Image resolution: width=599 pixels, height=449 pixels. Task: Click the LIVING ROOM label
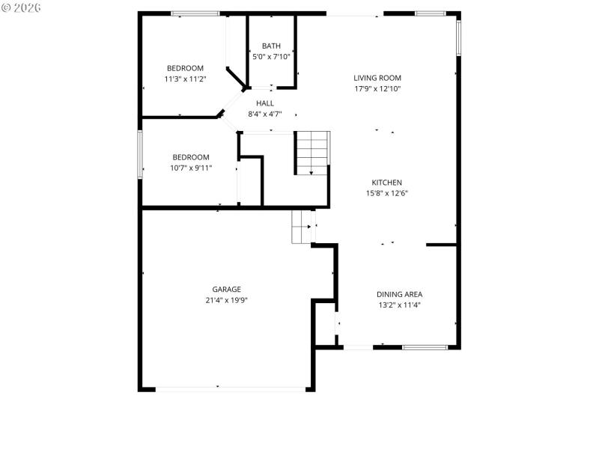378,78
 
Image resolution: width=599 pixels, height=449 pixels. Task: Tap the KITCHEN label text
387,183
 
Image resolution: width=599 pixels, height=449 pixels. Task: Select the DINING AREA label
399,294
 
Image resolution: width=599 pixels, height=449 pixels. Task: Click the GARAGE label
226,289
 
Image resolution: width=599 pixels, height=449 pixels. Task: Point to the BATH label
271,46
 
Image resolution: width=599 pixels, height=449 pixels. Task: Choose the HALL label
265,103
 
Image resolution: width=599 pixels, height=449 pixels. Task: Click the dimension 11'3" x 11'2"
185,79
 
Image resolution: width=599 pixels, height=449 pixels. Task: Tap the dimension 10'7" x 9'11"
191,168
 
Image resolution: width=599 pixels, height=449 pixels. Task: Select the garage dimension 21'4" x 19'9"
226,300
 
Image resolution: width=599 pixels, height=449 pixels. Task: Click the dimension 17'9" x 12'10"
378,89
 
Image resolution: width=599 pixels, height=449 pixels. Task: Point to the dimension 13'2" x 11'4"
399,305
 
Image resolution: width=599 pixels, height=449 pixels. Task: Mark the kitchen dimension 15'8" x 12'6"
387,193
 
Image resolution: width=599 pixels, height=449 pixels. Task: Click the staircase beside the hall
311,153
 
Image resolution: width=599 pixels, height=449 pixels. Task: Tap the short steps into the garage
302,226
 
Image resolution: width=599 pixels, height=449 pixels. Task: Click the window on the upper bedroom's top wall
195,13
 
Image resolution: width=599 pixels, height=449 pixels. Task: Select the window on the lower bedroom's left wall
140,155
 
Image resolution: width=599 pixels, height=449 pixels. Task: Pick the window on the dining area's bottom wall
425,346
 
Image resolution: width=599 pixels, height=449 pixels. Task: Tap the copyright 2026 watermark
21,7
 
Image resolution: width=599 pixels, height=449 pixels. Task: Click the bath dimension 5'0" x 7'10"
271,57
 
